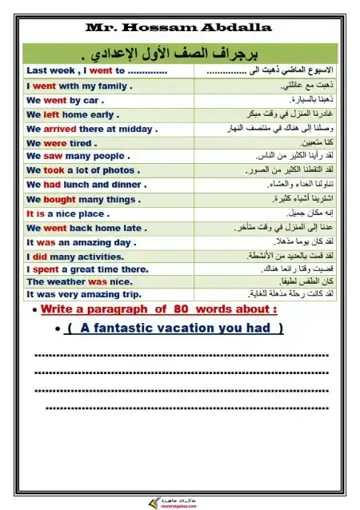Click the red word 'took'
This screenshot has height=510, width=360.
[x=54, y=170]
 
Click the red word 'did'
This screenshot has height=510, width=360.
[x=41, y=257]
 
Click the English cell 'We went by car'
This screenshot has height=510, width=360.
[x=65, y=100]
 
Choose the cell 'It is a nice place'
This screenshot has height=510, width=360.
[x=68, y=213]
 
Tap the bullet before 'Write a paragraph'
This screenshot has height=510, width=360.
[x=31, y=311]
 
